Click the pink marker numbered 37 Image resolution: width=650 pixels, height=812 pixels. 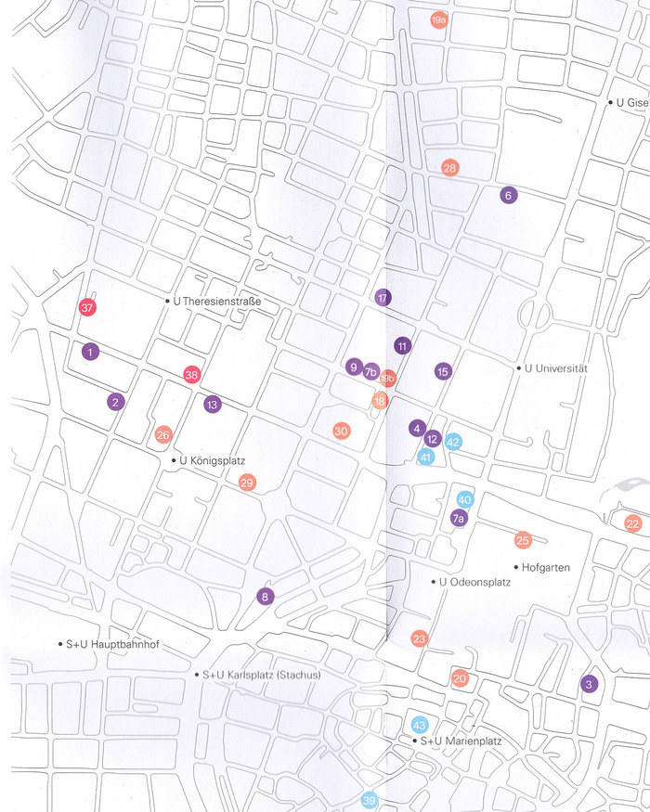tap(88, 308)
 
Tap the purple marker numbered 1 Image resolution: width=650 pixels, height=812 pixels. tap(89, 352)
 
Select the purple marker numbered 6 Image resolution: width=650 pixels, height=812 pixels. tap(507, 195)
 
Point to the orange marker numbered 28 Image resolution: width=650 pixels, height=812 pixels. tap(450, 168)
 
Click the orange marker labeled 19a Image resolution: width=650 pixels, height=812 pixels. tap(439, 19)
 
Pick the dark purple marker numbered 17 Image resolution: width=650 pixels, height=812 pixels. tap(383, 298)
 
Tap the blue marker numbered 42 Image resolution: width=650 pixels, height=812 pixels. tap(453, 442)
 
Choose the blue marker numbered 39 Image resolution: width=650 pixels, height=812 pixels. tap(370, 801)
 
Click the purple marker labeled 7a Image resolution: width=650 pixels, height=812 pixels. tap(458, 519)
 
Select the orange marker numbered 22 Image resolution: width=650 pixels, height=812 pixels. tap(633, 523)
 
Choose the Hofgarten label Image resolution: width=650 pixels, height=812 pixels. tap(545, 567)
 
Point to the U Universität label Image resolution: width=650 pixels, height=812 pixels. tap(557, 368)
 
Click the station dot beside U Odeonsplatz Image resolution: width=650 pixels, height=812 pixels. tap(433, 582)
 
